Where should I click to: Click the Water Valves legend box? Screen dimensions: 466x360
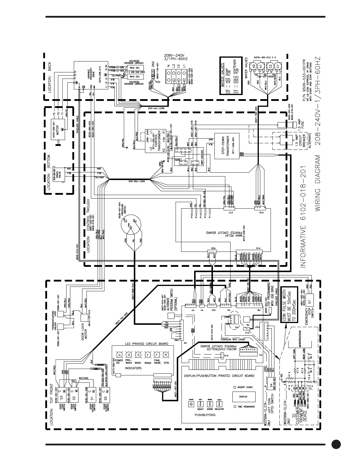click(x=231, y=76)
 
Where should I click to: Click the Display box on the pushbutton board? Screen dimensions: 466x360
click(x=243, y=396)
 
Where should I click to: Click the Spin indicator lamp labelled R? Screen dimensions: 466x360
click(x=166, y=355)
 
